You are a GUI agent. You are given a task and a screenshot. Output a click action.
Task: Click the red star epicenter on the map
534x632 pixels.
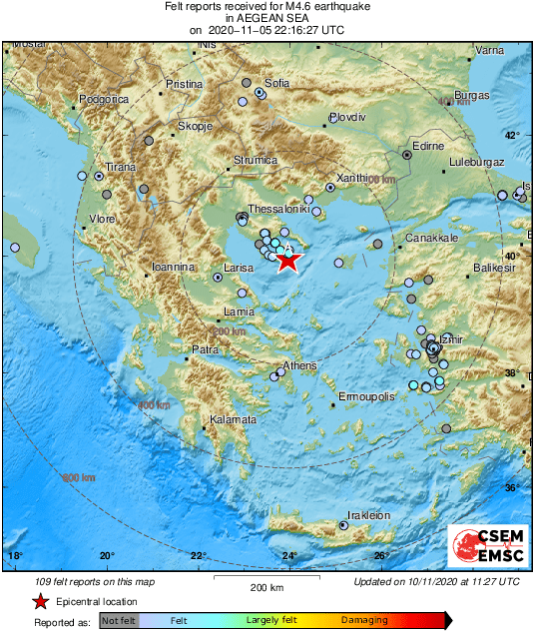[287, 262]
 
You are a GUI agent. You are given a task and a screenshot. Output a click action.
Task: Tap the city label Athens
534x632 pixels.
[299, 366]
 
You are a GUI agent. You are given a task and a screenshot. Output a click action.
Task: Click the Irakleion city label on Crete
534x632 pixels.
[368, 515]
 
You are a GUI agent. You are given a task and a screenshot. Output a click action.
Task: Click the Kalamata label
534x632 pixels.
[233, 419]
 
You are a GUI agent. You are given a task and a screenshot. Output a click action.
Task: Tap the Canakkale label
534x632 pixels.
[431, 239]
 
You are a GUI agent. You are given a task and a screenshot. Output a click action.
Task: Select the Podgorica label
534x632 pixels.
[104, 99]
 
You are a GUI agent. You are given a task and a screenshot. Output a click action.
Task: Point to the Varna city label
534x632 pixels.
[488, 50]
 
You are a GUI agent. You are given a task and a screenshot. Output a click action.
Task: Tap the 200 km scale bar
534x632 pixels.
[267, 578]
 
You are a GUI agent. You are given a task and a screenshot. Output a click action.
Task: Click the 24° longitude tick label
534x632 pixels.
[288, 556]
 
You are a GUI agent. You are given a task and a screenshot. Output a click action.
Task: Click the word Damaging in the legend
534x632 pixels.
[364, 620]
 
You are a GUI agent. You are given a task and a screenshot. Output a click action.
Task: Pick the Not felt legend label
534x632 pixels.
[119, 620]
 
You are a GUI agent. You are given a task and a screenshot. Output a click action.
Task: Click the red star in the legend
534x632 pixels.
[40, 602]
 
